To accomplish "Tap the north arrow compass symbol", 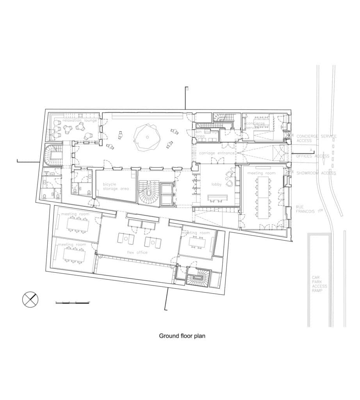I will pos(30,300).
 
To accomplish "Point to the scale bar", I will pos(72,302).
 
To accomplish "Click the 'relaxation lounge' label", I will pos(80,120).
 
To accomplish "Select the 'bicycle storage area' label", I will pos(116,186).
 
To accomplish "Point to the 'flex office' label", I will pos(137,252).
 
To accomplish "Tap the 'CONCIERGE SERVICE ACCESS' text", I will pos(316,138).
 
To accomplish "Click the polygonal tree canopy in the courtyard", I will pos(147,137).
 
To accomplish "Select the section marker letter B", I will pos(187,89).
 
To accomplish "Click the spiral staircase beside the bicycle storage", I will pos(149,195).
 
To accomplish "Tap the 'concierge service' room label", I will pos(255,125).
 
